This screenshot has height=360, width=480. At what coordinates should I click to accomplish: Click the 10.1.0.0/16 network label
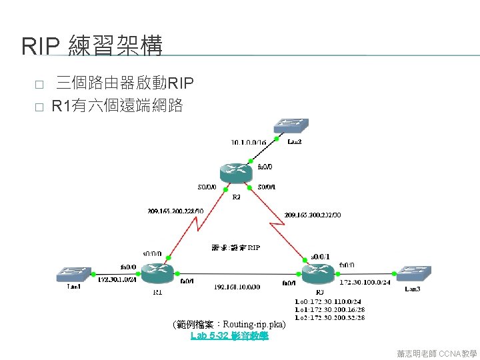248,143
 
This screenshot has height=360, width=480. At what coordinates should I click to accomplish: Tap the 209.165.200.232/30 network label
313,215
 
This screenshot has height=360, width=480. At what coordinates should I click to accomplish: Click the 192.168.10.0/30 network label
237,287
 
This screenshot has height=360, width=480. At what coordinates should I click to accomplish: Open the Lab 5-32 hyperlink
229,337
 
